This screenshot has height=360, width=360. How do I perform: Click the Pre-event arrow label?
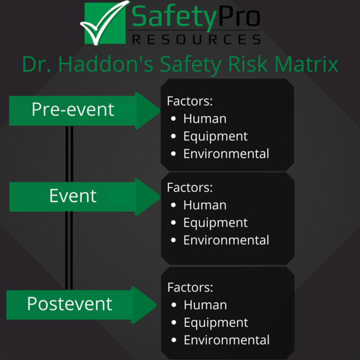(73, 109)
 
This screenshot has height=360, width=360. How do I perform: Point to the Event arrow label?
(73, 196)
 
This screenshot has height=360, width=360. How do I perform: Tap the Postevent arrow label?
(70, 304)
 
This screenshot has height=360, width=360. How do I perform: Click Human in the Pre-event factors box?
(205, 118)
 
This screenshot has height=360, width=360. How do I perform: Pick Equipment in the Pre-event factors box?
(215, 136)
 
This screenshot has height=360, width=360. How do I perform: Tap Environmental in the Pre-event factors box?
(226, 154)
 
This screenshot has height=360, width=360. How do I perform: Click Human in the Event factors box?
(205, 205)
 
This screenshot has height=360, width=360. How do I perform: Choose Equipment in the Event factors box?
(215, 222)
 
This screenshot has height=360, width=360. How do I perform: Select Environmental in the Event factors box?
(226, 240)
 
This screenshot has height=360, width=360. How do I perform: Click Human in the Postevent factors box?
(205, 305)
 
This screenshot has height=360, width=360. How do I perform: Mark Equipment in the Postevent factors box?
(216, 322)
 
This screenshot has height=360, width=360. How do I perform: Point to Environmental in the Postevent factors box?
(227, 340)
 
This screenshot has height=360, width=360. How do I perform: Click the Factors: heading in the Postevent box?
(190, 287)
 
